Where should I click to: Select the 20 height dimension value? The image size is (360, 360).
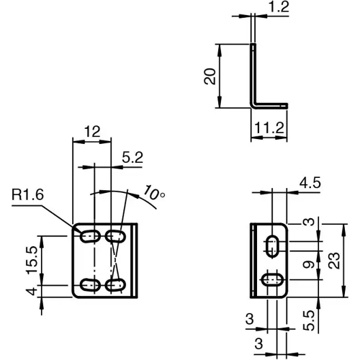[210, 76]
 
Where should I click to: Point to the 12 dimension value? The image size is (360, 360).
[91, 132]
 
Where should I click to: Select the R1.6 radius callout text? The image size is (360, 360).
[27, 194]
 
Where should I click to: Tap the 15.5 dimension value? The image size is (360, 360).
[30, 257]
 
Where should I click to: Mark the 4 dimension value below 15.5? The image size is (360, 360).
[30, 291]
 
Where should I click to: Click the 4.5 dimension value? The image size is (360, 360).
[310, 184]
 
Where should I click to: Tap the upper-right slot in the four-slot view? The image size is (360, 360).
[114, 235]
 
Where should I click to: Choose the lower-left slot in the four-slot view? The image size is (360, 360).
[90, 284]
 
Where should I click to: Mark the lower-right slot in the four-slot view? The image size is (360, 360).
[114, 284]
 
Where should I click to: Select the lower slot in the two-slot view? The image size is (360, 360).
[271, 279]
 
